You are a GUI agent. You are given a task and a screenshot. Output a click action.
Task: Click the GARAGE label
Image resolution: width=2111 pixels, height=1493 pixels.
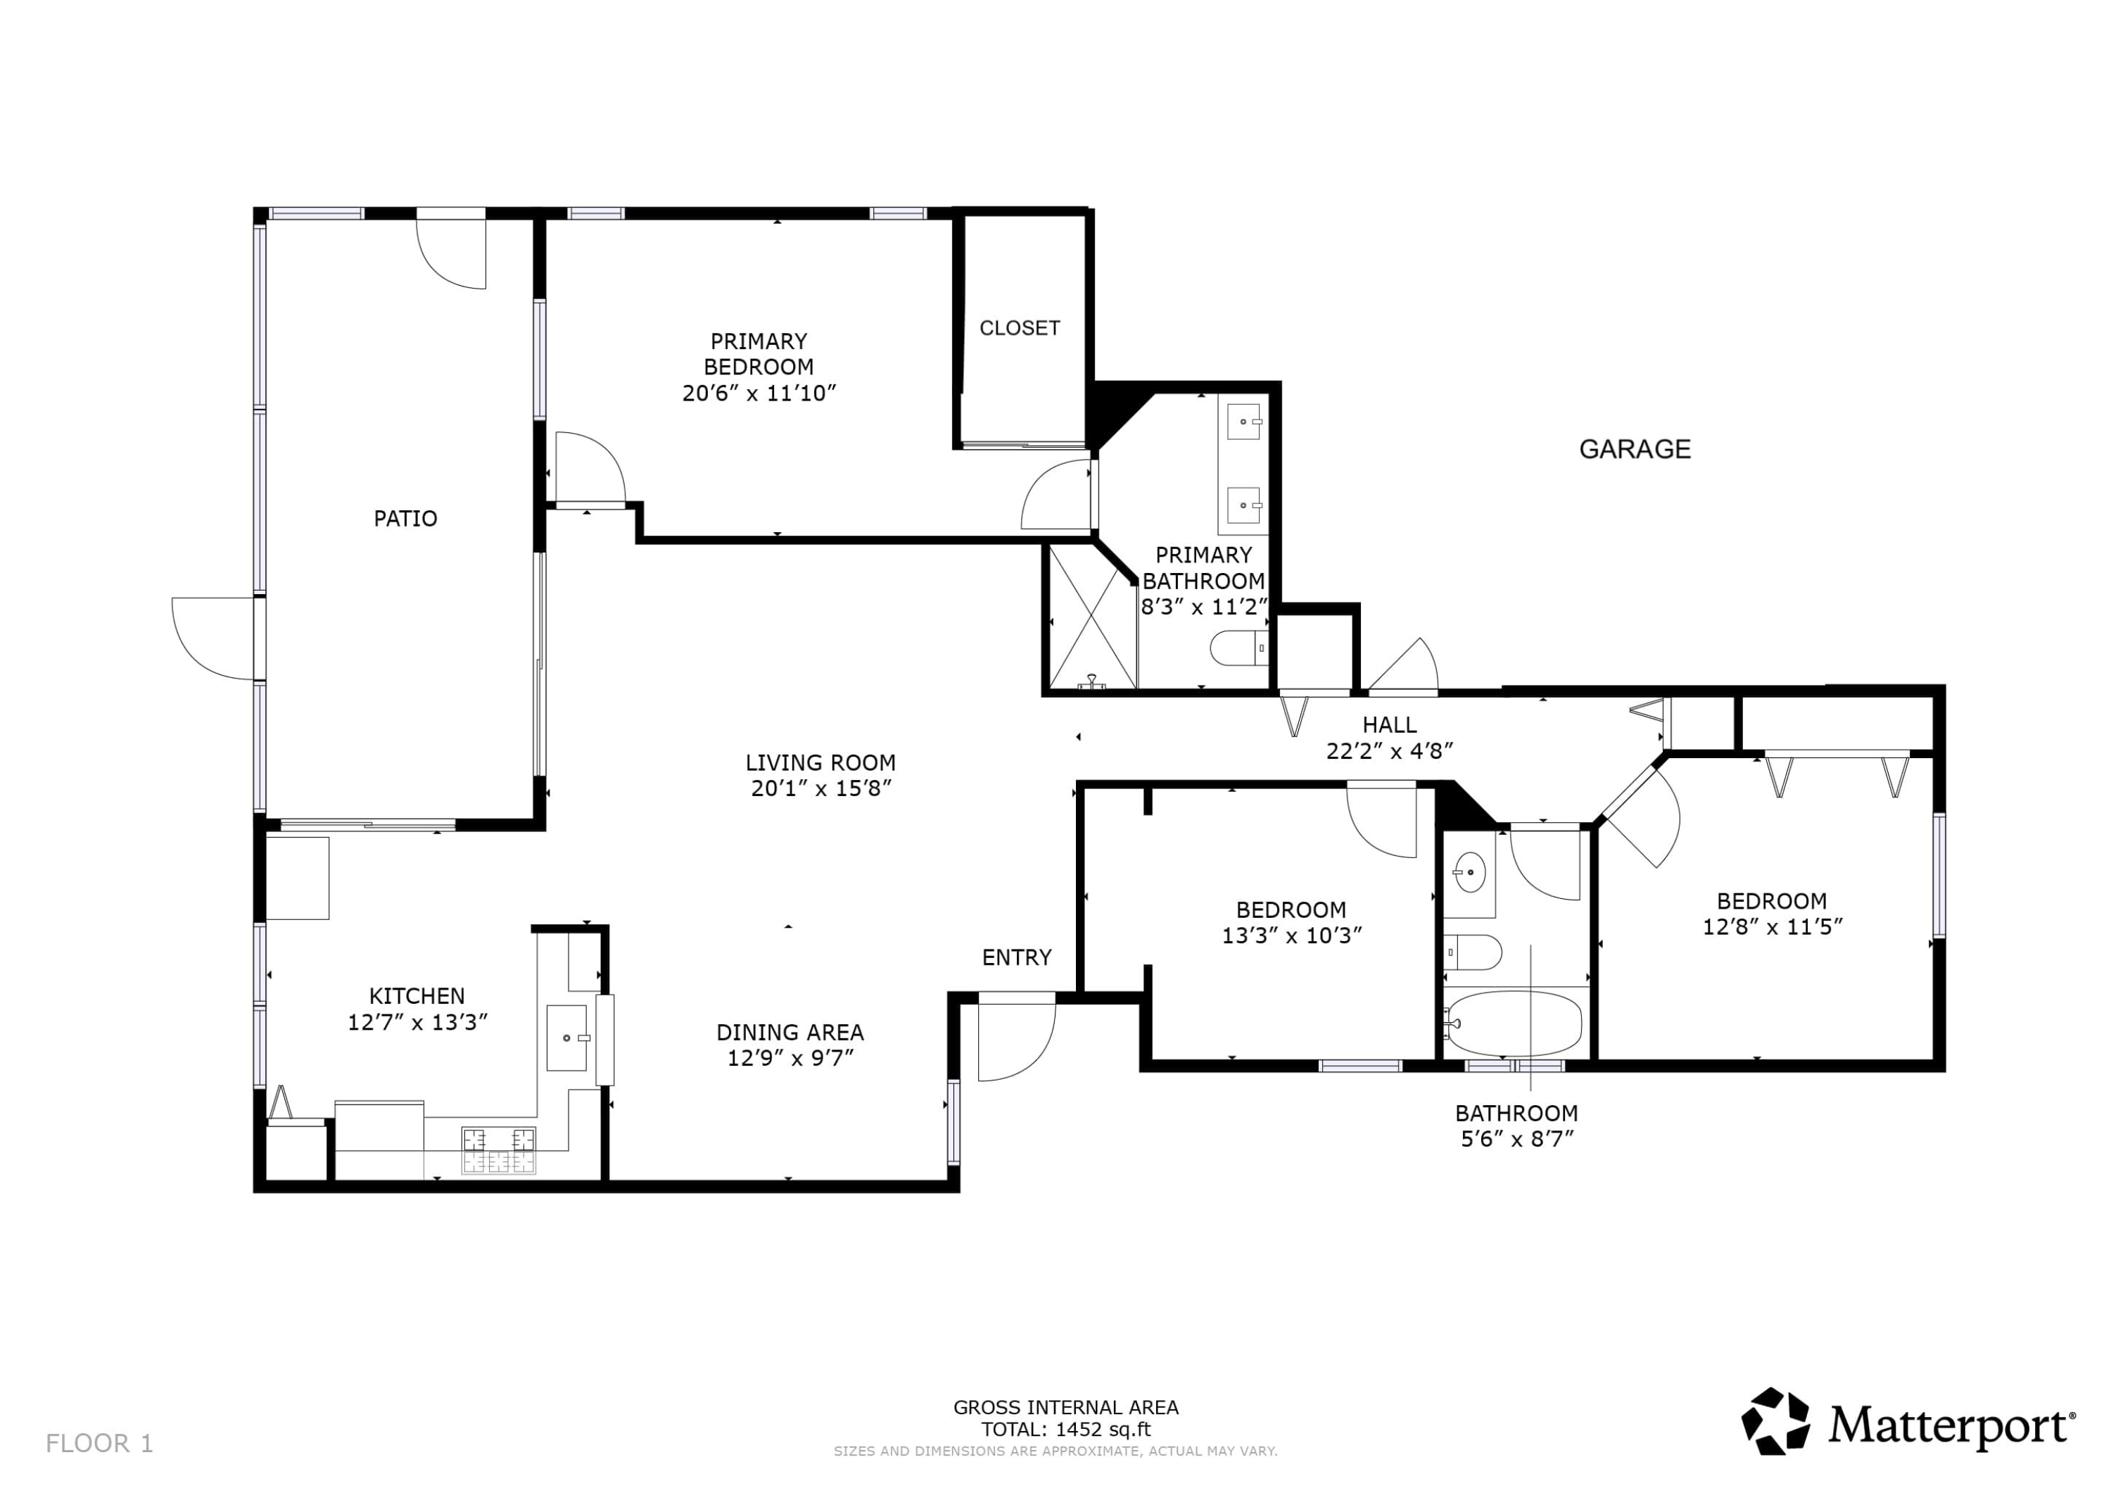tap(1634, 449)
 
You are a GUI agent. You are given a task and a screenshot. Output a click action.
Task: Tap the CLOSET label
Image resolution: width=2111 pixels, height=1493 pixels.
tap(1019, 329)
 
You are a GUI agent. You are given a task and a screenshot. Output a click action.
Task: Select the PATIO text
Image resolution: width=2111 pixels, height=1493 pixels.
tap(405, 519)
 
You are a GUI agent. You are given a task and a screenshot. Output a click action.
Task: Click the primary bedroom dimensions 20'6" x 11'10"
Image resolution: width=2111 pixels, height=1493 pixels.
tap(759, 393)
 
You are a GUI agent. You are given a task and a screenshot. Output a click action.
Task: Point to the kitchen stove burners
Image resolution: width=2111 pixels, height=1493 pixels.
tap(498, 1151)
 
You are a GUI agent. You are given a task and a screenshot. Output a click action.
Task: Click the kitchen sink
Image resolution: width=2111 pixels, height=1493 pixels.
tap(566, 1038)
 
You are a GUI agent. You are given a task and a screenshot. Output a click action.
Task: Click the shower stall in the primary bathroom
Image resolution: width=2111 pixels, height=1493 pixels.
tap(1092, 617)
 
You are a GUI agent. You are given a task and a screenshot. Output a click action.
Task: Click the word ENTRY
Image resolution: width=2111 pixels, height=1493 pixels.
tap(1016, 957)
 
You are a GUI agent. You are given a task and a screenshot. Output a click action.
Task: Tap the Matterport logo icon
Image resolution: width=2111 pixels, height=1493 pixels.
tap(1775, 1421)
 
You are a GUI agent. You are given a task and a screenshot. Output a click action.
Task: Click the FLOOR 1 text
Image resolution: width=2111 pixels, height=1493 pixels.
tap(99, 1443)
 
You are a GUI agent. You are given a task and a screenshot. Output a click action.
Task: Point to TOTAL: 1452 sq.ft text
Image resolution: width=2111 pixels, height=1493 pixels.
tap(1065, 1430)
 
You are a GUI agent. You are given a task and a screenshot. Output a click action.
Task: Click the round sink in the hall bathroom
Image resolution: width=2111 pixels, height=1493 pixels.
tap(1469, 870)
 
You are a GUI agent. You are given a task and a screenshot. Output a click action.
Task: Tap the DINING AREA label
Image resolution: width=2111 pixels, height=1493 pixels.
tap(790, 1032)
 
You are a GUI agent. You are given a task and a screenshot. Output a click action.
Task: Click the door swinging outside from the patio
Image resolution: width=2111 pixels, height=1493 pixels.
tap(213, 638)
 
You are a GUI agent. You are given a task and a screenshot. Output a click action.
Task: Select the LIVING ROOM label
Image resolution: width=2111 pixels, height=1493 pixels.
tap(820, 762)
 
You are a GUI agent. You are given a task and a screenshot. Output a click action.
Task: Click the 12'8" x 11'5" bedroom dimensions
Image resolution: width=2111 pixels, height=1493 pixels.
tap(1772, 927)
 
